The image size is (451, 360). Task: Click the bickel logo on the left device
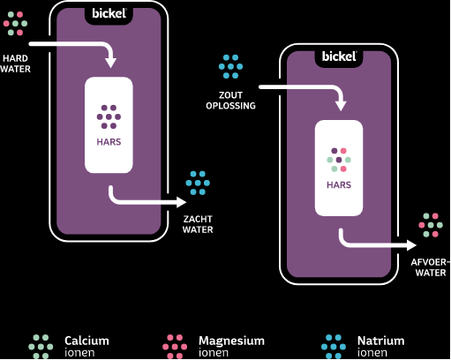click(109, 13)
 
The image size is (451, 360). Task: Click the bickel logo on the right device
click(339, 56)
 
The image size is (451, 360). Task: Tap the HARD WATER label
click(15, 64)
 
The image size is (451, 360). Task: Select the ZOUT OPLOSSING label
click(230, 101)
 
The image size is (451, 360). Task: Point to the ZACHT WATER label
click(198, 224)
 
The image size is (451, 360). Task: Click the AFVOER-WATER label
click(431, 267)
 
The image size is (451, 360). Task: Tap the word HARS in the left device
click(109, 142)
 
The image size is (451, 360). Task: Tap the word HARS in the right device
click(339, 185)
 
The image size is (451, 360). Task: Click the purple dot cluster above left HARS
click(109, 116)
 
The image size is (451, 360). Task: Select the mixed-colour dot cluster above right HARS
click(339, 160)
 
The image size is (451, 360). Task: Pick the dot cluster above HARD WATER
click(15, 24)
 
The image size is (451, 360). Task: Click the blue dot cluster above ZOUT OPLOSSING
click(230, 66)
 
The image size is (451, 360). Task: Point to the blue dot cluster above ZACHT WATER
click(198, 183)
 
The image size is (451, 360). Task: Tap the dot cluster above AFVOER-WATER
click(431, 225)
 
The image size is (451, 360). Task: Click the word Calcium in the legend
click(86, 341)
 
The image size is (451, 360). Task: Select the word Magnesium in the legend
click(231, 341)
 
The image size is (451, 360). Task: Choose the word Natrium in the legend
click(381, 341)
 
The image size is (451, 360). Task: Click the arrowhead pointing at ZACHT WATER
click(181, 202)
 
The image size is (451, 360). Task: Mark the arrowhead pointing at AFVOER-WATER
click(411, 245)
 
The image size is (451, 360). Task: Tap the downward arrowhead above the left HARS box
click(111, 64)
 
